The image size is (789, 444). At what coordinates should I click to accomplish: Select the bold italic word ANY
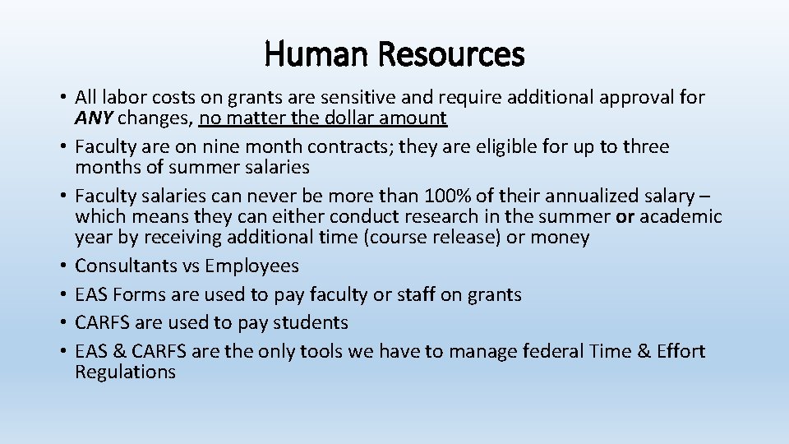[x=93, y=118]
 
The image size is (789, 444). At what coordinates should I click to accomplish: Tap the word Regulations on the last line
[x=125, y=372]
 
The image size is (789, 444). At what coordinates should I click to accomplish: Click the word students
[x=311, y=322]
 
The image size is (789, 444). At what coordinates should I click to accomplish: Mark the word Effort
[x=680, y=351]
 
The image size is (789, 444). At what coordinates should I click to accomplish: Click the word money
[x=561, y=238]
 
